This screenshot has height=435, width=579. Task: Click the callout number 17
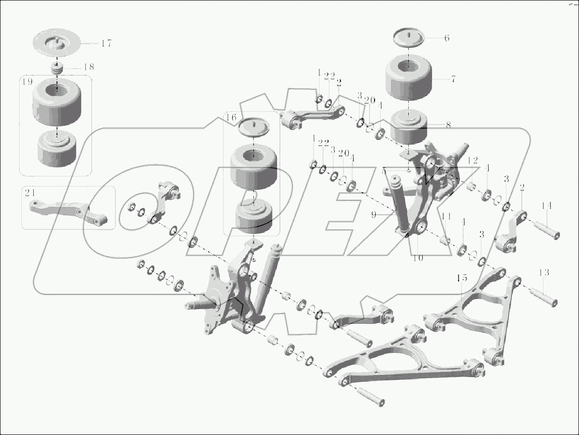[106, 44]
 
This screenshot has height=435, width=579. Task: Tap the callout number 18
[89, 67]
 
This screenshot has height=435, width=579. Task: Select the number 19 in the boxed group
[27, 82]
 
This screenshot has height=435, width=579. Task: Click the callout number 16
[231, 118]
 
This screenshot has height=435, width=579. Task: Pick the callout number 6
[447, 38]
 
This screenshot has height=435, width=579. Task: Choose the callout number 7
[453, 79]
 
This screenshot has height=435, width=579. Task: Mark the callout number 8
[449, 125]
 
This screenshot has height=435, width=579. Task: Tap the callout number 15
[462, 278]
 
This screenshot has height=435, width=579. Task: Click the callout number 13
[543, 273]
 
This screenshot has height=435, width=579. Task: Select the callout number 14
[547, 206]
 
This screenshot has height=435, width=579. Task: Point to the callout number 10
[418, 258]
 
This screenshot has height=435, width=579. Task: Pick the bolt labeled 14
[546, 229]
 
